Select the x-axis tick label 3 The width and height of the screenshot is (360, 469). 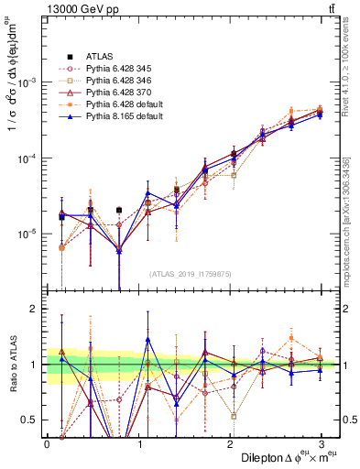point(321,444)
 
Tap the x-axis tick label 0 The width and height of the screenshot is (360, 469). point(47,444)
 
